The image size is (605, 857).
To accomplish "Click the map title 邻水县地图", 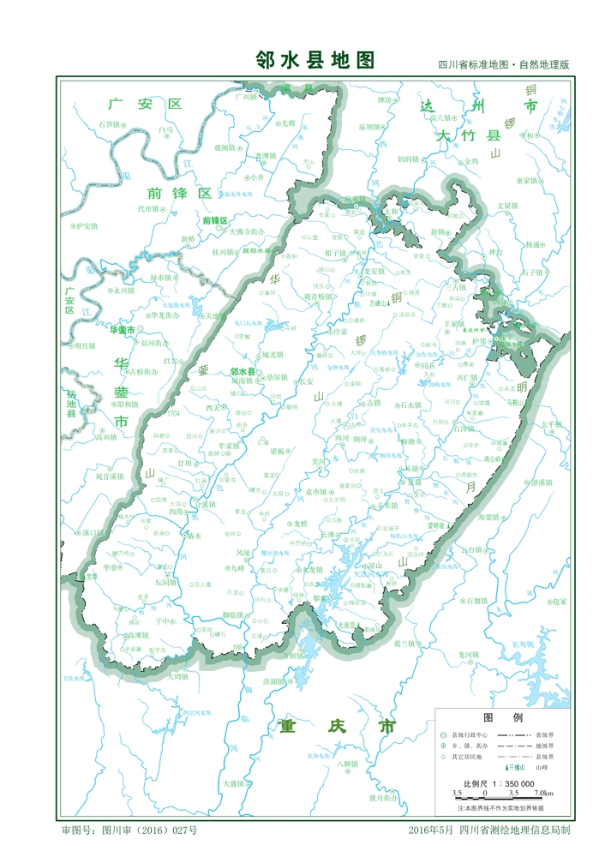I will coord(315,59).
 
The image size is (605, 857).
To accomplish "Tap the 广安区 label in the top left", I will coord(146,105).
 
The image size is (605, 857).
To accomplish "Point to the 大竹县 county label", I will coord(467,135).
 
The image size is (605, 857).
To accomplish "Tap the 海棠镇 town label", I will coord(488,518).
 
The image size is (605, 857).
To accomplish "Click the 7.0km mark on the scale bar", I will coord(542,794).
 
